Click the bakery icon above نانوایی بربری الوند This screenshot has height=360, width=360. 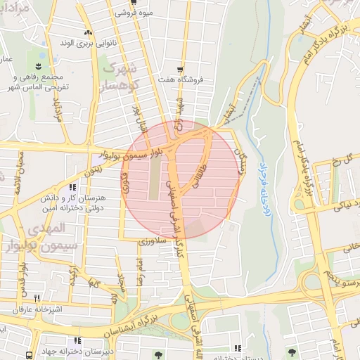(88, 32)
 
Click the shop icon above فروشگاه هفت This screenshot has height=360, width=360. (181, 69)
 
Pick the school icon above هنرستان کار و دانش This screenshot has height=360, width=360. (73, 188)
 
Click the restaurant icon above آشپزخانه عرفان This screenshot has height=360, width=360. (37, 298)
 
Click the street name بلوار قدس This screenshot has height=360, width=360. (22, 277)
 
